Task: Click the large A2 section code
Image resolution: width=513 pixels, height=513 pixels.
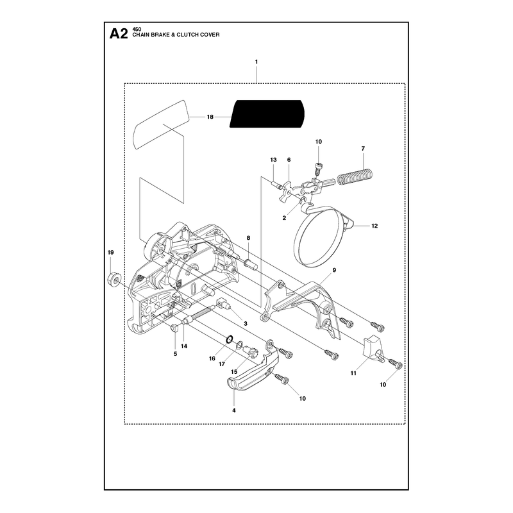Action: click(119, 34)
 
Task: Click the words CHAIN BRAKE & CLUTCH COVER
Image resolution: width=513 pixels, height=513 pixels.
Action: click(176, 35)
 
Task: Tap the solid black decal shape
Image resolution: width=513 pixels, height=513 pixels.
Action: click(267, 114)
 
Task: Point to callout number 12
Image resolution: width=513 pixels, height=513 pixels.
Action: click(374, 226)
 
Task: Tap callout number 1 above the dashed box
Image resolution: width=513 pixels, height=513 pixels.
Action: click(256, 62)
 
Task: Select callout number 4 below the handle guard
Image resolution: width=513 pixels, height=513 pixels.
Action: click(234, 410)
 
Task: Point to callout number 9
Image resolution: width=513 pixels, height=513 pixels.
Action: click(334, 270)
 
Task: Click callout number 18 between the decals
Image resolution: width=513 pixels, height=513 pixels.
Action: click(210, 117)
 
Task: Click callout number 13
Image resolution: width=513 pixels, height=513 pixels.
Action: click(274, 160)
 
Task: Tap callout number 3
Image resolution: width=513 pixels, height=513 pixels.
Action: click(246, 324)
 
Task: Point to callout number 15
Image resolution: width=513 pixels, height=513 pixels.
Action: click(234, 372)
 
